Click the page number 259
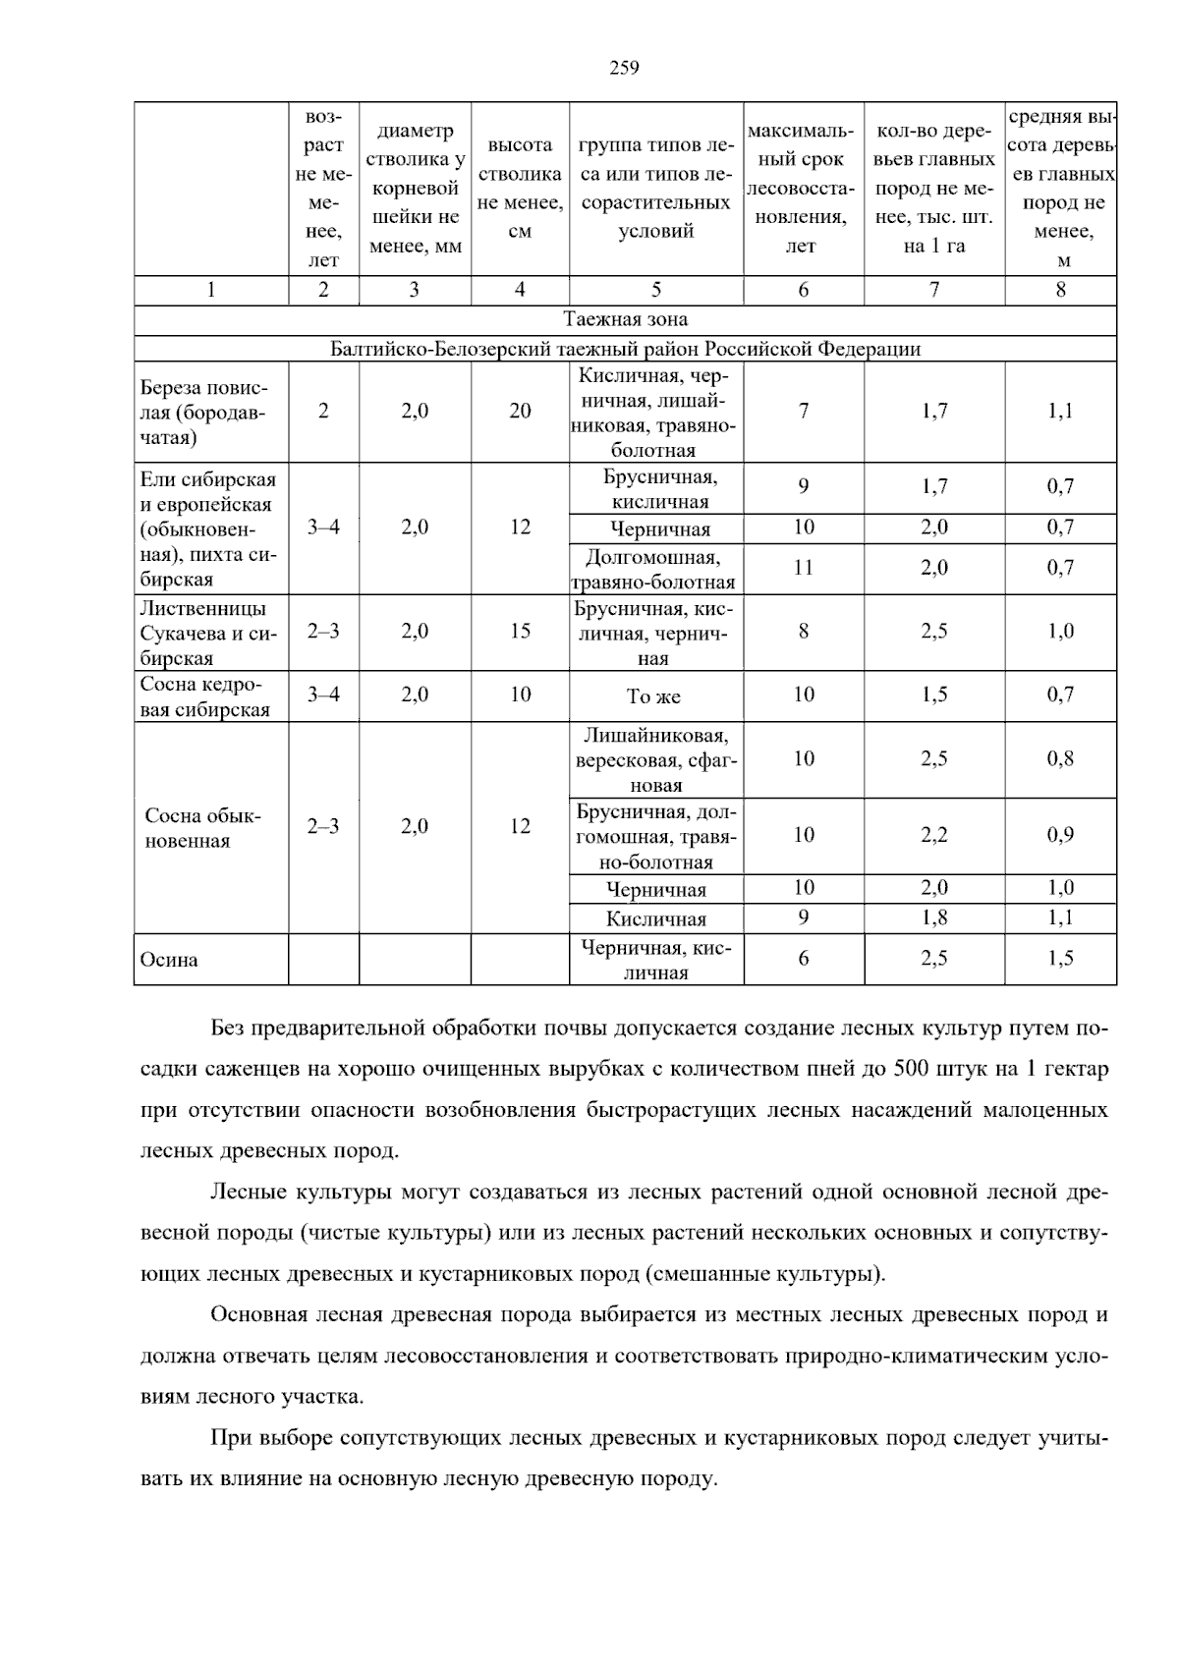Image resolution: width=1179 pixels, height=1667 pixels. point(624,68)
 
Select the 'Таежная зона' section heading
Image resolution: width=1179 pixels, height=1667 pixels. point(625,319)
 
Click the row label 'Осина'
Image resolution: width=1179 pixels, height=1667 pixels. point(169,960)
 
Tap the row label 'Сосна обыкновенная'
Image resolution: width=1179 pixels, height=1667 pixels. point(203,828)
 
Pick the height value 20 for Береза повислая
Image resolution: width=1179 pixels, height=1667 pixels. point(520,412)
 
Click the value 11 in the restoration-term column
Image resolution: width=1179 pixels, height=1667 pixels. point(804,568)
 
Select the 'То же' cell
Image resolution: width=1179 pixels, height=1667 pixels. point(653,696)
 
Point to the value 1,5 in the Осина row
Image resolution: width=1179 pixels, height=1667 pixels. point(1060,959)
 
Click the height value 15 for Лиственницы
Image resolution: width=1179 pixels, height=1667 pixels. point(520,632)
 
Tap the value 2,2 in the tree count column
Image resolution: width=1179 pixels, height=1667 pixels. point(933,835)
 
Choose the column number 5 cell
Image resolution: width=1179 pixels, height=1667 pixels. point(655,290)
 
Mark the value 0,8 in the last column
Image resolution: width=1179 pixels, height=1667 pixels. point(1060,759)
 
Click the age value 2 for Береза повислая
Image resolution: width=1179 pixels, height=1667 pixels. point(323,412)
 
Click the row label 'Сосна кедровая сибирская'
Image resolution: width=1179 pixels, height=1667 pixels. point(205,696)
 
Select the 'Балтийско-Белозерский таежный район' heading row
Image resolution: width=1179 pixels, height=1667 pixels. point(625,349)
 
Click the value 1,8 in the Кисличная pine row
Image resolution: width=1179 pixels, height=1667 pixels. point(933,918)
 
